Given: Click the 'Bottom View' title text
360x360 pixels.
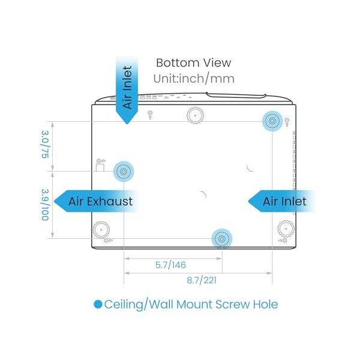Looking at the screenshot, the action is click(x=194, y=62).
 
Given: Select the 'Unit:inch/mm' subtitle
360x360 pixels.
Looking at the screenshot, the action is click(x=194, y=79).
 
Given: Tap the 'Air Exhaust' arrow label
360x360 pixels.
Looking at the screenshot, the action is click(x=97, y=201).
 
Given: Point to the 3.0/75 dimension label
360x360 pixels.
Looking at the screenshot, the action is click(x=45, y=145).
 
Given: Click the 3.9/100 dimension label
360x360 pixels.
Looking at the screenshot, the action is click(x=45, y=205).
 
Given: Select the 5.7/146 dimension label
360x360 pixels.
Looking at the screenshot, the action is click(x=170, y=265).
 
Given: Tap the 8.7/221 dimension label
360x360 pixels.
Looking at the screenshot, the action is click(x=202, y=280).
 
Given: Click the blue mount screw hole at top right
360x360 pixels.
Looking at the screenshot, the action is click(x=272, y=121).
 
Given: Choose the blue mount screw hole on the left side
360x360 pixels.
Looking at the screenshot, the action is click(x=124, y=171).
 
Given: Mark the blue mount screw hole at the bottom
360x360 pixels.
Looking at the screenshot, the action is click(x=222, y=239).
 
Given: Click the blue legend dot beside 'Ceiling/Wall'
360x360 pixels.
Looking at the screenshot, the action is click(x=98, y=304).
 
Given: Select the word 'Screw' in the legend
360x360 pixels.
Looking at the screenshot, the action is click(x=232, y=304).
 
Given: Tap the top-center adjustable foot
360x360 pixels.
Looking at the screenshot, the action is click(x=195, y=115).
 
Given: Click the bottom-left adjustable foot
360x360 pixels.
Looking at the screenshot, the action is click(x=101, y=230).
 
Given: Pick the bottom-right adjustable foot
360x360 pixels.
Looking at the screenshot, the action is click(x=286, y=229).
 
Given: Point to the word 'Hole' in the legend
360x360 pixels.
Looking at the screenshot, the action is click(x=265, y=304).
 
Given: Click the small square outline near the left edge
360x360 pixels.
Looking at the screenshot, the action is click(x=100, y=167).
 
